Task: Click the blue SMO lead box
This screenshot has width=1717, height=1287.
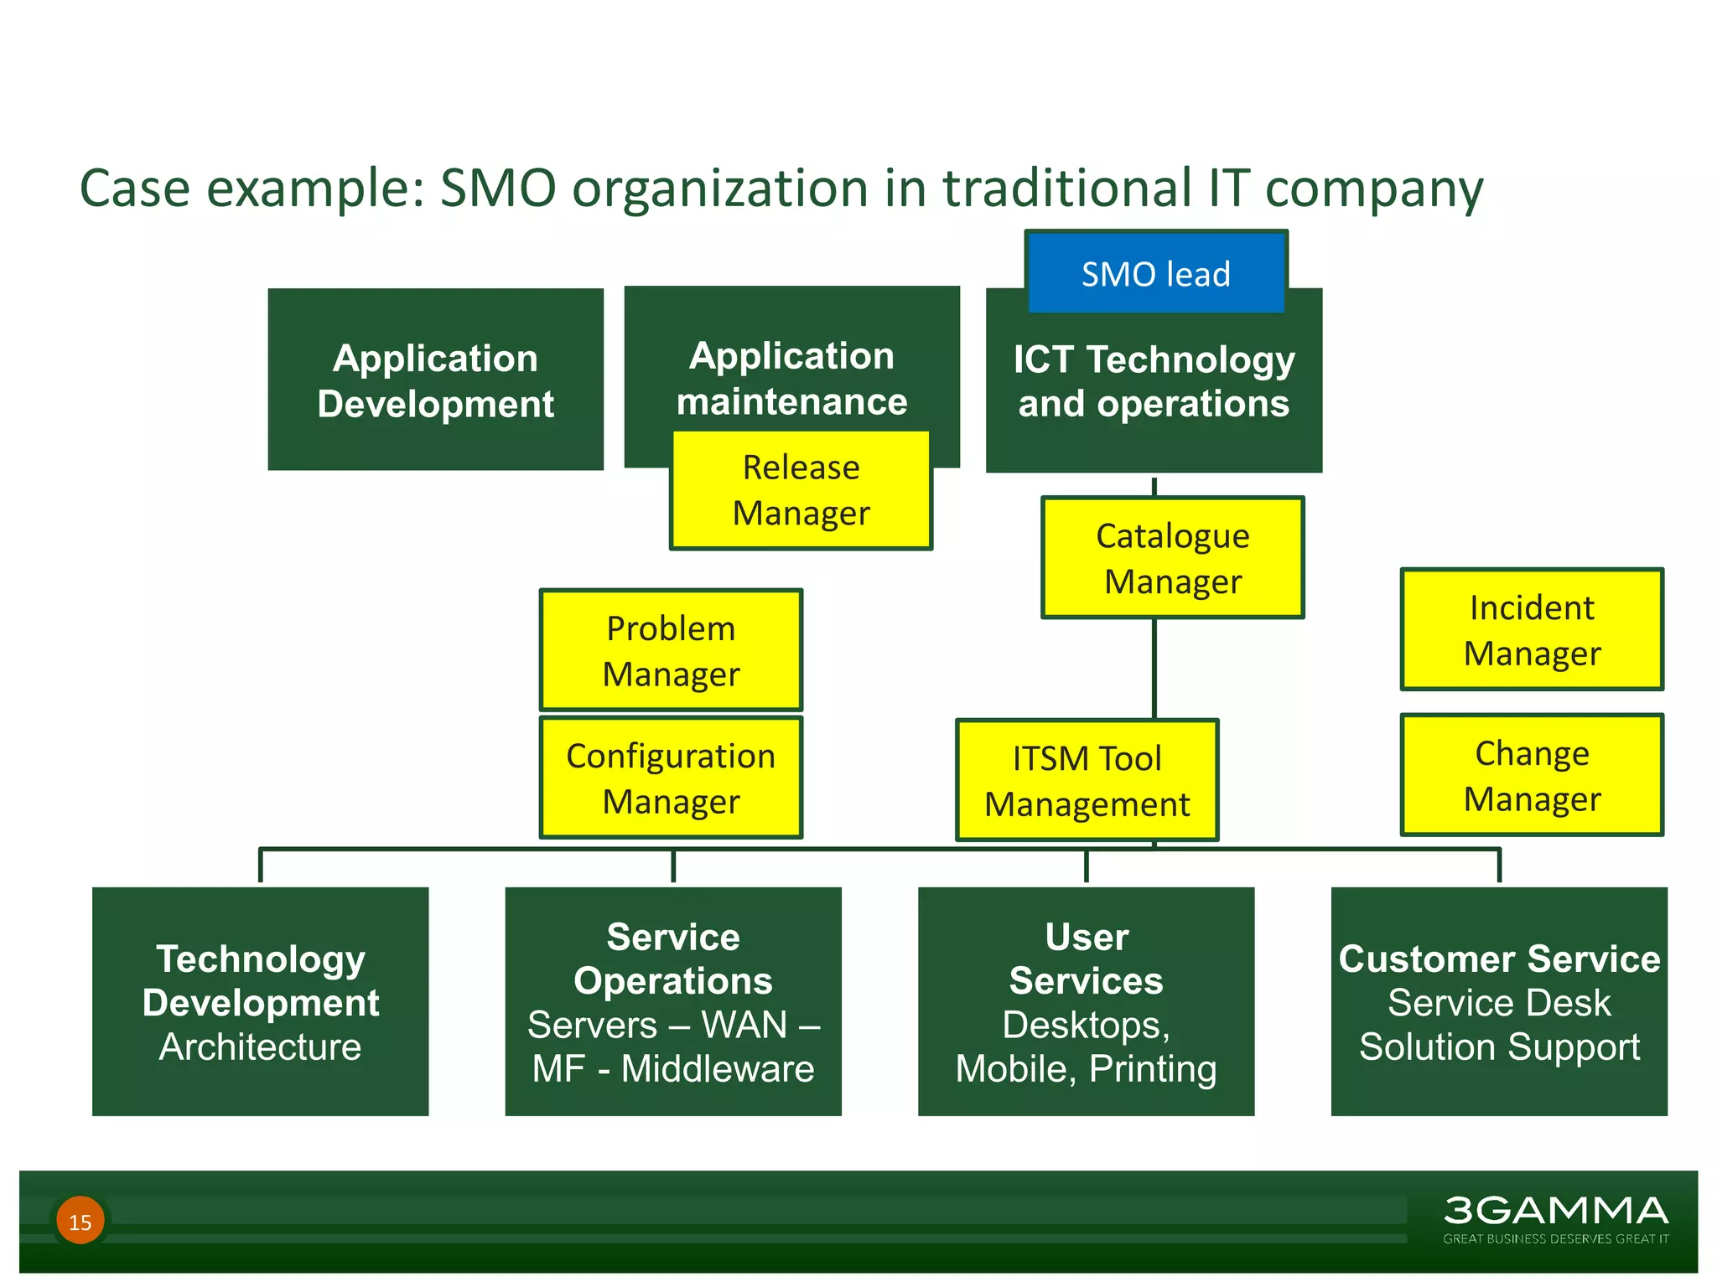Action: [x=1155, y=274]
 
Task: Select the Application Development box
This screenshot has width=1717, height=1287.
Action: [x=435, y=380]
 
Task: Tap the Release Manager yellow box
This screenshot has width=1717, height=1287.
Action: [x=801, y=490]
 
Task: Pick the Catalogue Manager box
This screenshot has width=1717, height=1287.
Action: [x=1172, y=558]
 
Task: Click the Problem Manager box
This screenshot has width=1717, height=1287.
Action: [x=671, y=650]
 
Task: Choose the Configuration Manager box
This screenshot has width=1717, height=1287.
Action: [x=671, y=778]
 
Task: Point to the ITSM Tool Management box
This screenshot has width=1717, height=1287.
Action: [x=1087, y=780]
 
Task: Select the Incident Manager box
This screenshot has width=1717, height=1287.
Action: [x=1531, y=630]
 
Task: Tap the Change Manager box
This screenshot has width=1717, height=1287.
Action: [x=1531, y=775]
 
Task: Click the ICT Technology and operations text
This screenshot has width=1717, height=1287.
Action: [x=1154, y=382]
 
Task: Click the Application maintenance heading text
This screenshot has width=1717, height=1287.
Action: [x=791, y=379]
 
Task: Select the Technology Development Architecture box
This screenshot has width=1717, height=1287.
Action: [x=260, y=1001]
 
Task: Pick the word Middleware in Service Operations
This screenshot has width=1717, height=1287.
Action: [x=718, y=1069]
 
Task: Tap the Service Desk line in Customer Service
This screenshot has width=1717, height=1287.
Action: [x=1499, y=1003]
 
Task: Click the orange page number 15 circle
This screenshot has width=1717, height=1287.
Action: [x=80, y=1221]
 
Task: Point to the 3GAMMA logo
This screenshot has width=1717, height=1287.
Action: [x=1555, y=1211]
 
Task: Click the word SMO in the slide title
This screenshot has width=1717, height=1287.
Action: [x=498, y=188]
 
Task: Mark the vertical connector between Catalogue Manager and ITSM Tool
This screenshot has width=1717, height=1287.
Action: [x=1154, y=668]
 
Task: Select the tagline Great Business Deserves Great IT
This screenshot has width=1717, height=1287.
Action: [x=1555, y=1238]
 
